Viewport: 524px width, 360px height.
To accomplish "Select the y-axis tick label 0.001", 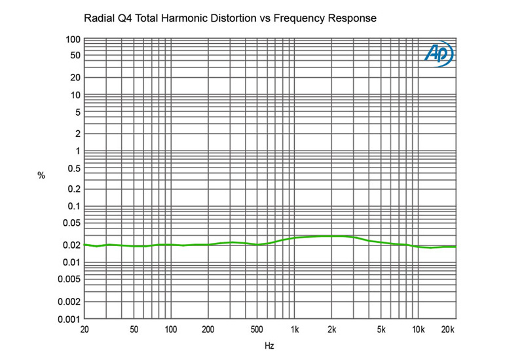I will coord(68,319).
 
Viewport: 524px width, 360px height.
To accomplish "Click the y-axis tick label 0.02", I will coord(71,245).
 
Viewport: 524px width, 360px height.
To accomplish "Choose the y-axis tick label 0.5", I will coord(73,169).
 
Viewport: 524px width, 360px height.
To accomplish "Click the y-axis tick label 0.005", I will coord(68,279).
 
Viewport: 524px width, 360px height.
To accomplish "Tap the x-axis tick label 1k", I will coord(295,329).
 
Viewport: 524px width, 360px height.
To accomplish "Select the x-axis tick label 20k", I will coord(448,329).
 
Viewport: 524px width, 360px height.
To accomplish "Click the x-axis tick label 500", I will coord(257,329).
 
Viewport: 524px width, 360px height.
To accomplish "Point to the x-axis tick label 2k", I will coord(332,329).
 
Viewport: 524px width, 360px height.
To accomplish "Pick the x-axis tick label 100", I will coord(170,329).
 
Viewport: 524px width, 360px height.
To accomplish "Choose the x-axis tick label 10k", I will coord(419,329).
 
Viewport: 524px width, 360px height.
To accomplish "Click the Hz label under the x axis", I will coord(269,345).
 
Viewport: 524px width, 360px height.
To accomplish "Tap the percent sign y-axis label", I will coord(41,175).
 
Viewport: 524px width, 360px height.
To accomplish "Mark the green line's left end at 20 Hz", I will coord(84,244).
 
